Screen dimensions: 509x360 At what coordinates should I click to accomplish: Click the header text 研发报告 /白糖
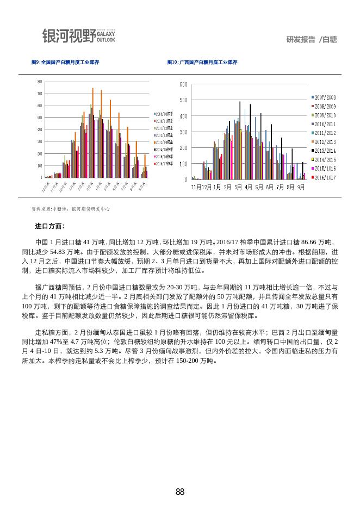click(x=311, y=39)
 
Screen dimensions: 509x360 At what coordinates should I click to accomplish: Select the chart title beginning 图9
click(x=65, y=63)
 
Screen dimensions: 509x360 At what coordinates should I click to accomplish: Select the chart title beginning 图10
click(x=202, y=63)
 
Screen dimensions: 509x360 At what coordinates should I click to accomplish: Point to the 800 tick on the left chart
click(x=39, y=82)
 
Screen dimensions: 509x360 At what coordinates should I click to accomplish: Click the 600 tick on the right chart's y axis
click(x=183, y=84)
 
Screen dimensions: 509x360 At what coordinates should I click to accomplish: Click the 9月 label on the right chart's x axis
click(x=300, y=187)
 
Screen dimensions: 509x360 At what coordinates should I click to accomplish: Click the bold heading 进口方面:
click(x=49, y=226)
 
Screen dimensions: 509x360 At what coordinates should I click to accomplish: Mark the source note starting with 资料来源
click(x=71, y=209)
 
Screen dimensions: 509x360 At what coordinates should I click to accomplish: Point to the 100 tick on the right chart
click(x=183, y=164)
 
